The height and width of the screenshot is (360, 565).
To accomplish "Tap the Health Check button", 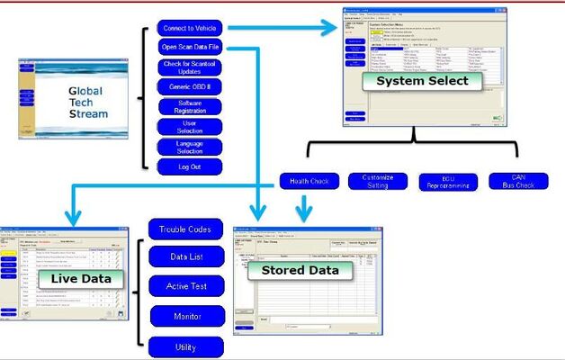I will click(x=309, y=181).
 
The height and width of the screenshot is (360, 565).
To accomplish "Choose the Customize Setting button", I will click(x=378, y=181).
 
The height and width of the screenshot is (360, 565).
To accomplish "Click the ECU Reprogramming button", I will click(x=448, y=182).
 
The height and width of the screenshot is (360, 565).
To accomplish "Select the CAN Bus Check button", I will click(x=518, y=182).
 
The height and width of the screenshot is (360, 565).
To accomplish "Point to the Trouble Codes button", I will click(x=184, y=229).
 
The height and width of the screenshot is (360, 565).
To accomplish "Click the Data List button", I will click(x=184, y=258).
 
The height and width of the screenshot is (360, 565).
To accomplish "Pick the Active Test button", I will click(x=184, y=287).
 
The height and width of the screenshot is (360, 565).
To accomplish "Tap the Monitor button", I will click(x=184, y=316).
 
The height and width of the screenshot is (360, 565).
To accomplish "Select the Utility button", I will click(x=184, y=346).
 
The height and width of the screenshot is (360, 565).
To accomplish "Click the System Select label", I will click(x=409, y=81).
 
